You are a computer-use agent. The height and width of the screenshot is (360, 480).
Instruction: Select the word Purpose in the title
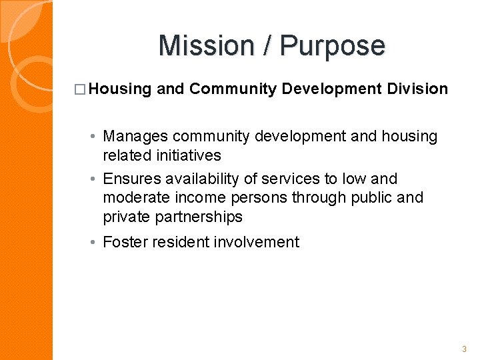(333, 46)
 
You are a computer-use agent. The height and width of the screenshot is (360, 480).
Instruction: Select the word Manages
(135, 137)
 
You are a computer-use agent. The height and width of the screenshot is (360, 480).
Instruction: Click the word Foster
(125, 242)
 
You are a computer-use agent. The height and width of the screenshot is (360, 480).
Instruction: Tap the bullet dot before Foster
(93, 243)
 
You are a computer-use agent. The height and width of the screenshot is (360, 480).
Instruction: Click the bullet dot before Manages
(93, 137)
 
